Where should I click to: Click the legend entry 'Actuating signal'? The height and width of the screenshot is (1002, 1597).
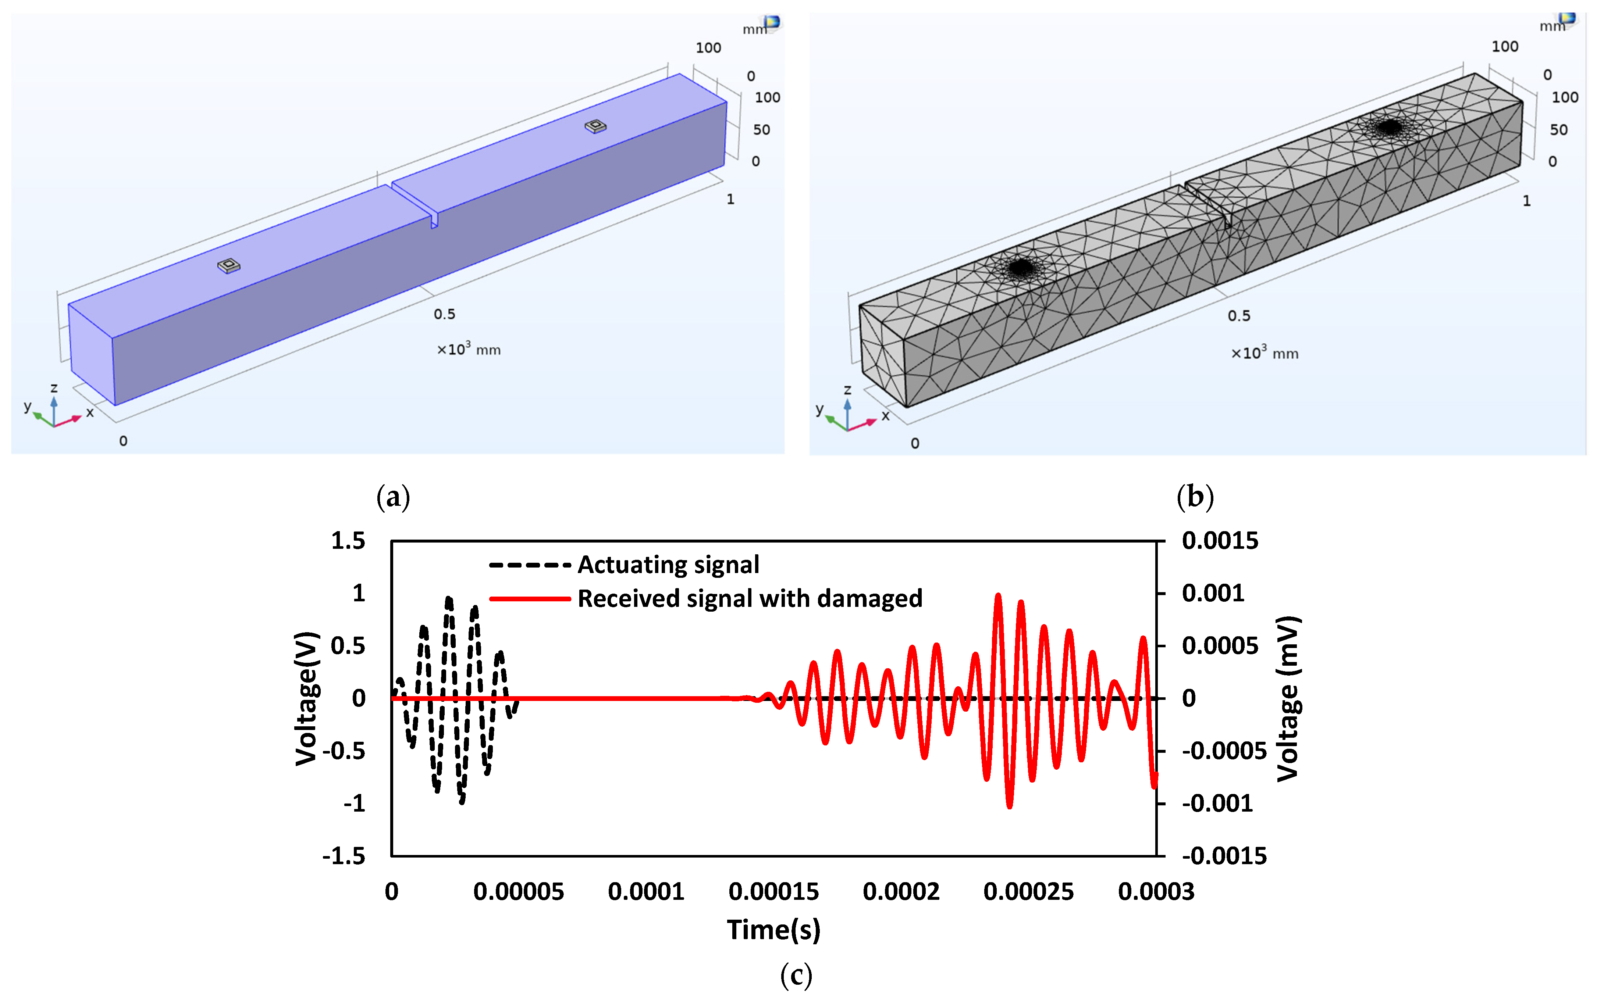pyautogui.click(x=668, y=565)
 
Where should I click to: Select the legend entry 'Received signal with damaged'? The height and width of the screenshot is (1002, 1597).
pyautogui.click(x=749, y=598)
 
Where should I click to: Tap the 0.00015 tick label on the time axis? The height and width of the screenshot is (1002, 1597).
pyautogui.click(x=773, y=891)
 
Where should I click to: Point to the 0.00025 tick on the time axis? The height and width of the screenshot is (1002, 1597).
pyautogui.click(x=1028, y=891)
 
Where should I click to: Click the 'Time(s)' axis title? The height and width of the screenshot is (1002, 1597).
pyautogui.click(x=773, y=930)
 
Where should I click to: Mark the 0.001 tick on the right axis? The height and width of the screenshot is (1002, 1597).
pyautogui.click(x=1213, y=593)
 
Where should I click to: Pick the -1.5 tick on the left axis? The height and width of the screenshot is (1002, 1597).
pyautogui.click(x=344, y=856)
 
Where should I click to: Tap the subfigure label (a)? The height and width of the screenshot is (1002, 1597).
pyautogui.click(x=393, y=496)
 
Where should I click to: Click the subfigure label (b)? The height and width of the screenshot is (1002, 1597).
pyautogui.click(x=1195, y=496)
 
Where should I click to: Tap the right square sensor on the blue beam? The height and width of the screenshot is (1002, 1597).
pyautogui.click(x=595, y=126)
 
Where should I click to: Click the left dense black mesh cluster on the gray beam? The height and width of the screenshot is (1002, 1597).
pyautogui.click(x=1021, y=268)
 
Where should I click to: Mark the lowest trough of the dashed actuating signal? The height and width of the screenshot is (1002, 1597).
pyautogui.click(x=462, y=802)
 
